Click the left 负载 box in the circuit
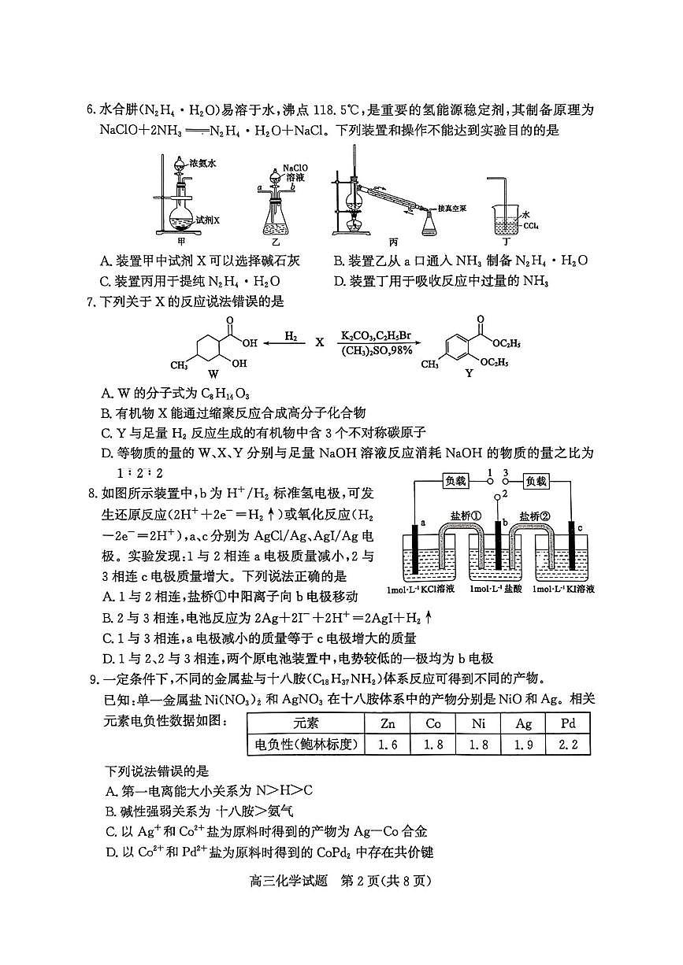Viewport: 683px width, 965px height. coord(456,480)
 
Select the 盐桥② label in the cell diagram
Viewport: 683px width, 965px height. coord(533,516)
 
